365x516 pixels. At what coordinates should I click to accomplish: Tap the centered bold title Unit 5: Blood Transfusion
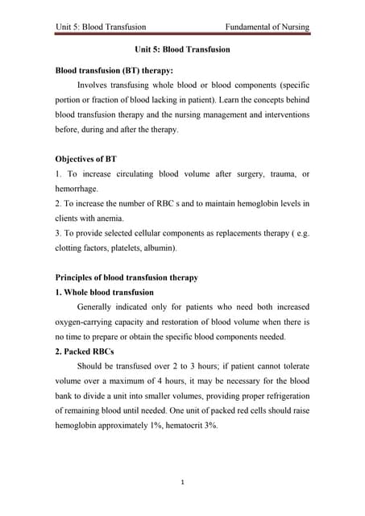point(182,49)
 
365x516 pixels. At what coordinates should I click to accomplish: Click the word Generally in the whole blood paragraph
point(98,307)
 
